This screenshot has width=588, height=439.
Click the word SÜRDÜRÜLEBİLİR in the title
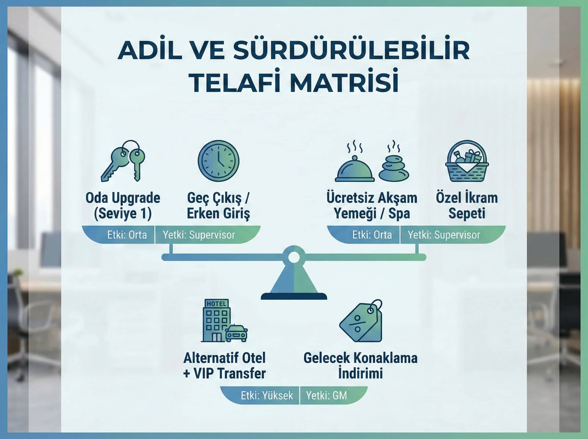351,50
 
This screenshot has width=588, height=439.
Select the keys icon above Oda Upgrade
123,161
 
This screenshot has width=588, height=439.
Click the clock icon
218,161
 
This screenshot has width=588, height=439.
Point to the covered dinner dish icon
355,170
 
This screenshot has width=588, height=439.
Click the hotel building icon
216,320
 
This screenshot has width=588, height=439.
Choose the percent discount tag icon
361,322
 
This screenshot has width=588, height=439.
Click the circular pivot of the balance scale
294,257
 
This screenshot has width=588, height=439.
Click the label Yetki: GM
326,396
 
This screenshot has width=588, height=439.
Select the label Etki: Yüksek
267,396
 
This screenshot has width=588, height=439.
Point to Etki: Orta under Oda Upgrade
127,235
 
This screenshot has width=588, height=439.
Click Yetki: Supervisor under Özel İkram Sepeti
444,235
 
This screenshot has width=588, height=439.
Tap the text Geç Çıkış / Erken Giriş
218,206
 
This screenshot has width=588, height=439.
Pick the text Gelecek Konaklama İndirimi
360,366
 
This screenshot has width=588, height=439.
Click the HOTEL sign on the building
217,304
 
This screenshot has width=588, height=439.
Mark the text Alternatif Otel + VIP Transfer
224,366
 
